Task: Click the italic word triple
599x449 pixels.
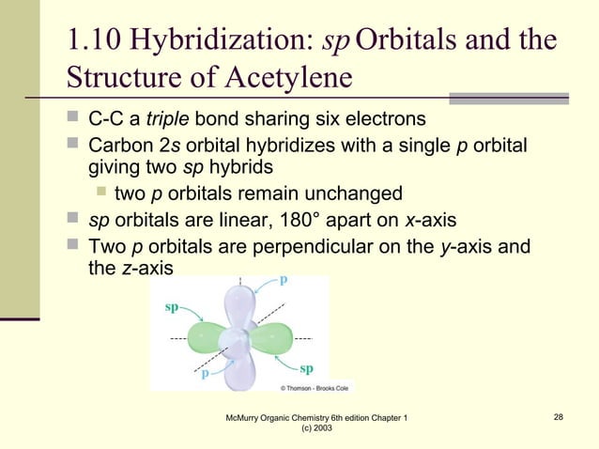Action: (165, 120)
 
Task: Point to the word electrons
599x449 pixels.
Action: (386, 120)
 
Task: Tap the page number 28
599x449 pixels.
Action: (559, 416)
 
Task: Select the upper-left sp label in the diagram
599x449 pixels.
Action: (172, 306)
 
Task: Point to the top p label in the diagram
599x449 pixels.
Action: (283, 280)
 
